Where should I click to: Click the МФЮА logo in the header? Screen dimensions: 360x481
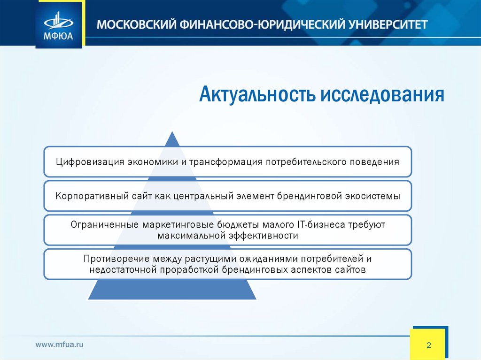[59, 25]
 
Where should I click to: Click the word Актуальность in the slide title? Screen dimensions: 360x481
[258, 94]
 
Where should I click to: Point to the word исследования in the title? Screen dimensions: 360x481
[382, 94]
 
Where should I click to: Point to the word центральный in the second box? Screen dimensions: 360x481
[201, 196]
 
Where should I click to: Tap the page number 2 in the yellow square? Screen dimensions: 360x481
[428, 345]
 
